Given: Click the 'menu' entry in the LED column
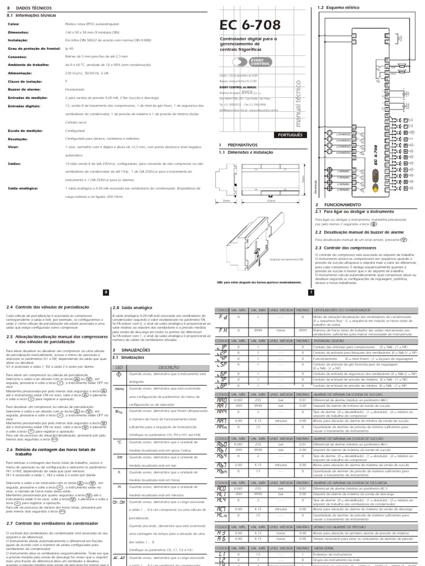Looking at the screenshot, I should coord(118,389).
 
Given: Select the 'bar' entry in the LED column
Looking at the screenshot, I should coord(118,457).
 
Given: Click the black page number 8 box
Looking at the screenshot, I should coord(105,292).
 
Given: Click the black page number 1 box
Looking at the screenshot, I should coord(310,292).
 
